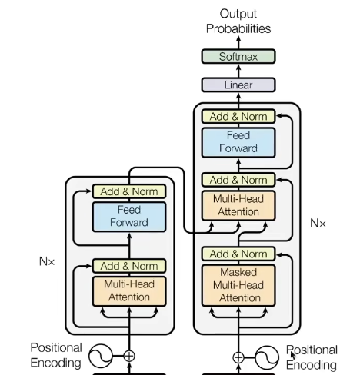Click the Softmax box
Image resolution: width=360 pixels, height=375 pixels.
tap(238, 56)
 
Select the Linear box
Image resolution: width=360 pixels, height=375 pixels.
tap(238, 85)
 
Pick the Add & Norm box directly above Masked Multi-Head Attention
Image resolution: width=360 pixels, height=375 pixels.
tap(238, 254)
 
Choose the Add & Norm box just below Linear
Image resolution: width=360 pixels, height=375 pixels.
tap(238, 117)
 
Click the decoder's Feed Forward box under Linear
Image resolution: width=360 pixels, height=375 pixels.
tap(238, 143)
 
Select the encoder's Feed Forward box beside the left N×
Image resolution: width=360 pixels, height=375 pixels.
tap(128, 217)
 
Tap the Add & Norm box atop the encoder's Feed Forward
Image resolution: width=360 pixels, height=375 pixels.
tap(128, 191)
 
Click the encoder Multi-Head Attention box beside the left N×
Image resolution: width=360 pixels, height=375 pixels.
tap(128, 290)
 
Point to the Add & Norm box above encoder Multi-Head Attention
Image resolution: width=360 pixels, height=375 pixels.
tap(128, 266)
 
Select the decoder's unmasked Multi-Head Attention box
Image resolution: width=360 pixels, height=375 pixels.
tap(238, 204)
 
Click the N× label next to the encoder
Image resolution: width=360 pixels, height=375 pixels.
tap(47, 261)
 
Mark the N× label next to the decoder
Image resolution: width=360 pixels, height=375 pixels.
tap(318, 224)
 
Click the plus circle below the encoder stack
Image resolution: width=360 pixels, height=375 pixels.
tap(129, 356)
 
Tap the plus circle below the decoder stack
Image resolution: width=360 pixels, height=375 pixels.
tap(238, 357)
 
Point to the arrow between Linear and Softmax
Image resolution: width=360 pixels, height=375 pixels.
tap(238, 71)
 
